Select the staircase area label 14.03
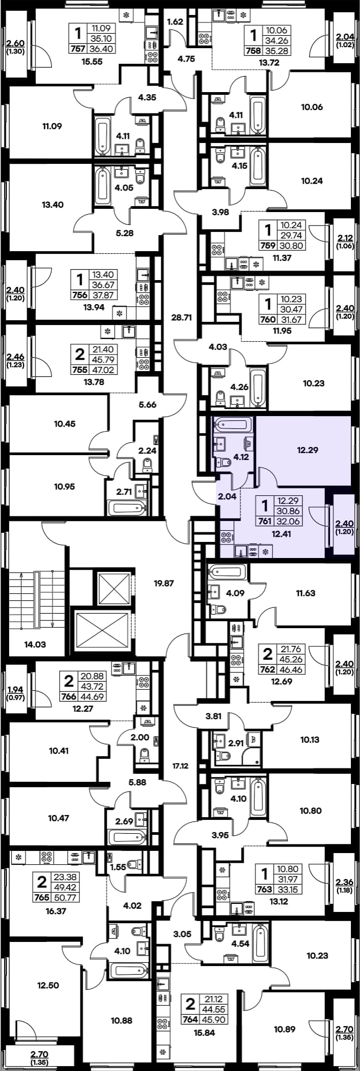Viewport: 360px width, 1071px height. pos(34,644)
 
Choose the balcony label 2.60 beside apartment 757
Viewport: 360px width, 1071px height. pos(15,44)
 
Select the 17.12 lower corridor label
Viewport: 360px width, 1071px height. pos(181,766)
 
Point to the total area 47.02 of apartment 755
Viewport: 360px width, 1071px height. pos(107,369)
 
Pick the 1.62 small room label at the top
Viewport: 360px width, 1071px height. pos(175,22)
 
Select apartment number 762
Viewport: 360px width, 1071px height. pos(267,669)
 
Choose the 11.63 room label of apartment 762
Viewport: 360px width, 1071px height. pos(305,593)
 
